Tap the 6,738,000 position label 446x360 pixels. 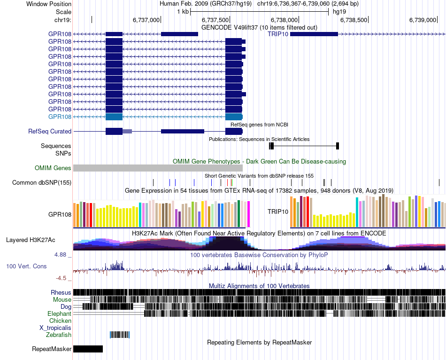(285, 20)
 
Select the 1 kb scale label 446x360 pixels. (183, 12)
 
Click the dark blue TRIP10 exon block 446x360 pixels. (314, 34)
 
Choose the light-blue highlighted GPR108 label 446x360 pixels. (60, 117)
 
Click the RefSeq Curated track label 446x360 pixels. (50, 132)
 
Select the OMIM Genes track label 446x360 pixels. (53, 168)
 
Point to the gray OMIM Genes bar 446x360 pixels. (158, 168)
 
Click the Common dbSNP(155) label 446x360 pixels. (42, 182)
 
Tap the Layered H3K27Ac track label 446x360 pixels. (31, 240)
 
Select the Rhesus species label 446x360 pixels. (61, 292)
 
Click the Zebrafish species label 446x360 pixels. (59, 335)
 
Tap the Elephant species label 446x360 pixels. (59, 313)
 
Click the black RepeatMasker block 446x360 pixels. (88, 349)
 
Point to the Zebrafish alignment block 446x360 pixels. (119, 335)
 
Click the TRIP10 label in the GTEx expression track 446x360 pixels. (278, 212)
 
